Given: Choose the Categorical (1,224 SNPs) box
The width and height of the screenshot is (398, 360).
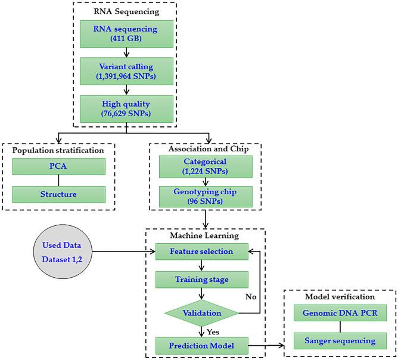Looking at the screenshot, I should click(203, 167).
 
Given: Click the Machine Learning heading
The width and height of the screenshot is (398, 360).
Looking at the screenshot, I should click(204, 236).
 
